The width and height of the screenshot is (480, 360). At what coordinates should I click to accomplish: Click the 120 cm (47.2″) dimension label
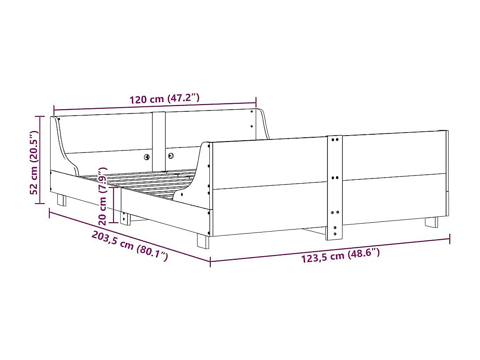click(x=164, y=99)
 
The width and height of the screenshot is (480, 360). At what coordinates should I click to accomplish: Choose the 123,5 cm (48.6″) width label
click(x=340, y=256)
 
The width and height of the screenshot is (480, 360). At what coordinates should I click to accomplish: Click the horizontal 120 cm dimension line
click(x=155, y=106)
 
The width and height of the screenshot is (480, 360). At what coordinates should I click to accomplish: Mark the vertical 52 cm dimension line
click(x=40, y=160)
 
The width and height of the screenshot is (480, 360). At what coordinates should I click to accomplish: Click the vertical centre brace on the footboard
click(x=334, y=187)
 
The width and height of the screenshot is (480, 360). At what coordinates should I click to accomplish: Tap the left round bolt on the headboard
click(x=147, y=157)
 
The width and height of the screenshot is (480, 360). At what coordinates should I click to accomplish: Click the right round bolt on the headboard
click(x=171, y=156)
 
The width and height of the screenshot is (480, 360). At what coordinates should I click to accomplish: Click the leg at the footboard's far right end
click(x=431, y=222)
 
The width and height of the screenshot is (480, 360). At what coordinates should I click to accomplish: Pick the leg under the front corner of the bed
click(x=203, y=241)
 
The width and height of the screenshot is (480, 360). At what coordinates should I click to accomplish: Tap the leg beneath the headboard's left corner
click(x=62, y=200)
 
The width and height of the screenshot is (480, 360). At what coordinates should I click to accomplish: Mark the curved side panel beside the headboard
click(x=64, y=149)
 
